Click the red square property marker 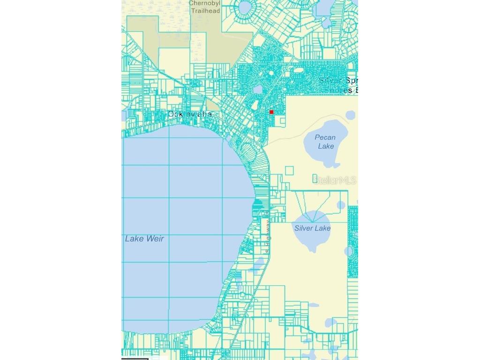pos(271,112)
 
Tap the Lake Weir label pos(144,239)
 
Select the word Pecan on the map pos(325,137)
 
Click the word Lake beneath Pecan pos(326,146)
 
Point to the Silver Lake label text pos(312,228)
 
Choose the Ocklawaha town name pos(189,114)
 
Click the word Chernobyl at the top pos(205,3)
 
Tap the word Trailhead pos(205,11)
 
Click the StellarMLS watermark pos(335,180)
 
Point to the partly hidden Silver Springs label pos(337,81)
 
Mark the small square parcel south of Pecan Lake pos(289,171)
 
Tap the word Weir pos(155,239)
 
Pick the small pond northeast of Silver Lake pos(341,205)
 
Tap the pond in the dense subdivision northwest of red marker pos(257,90)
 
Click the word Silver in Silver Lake pos(304,228)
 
